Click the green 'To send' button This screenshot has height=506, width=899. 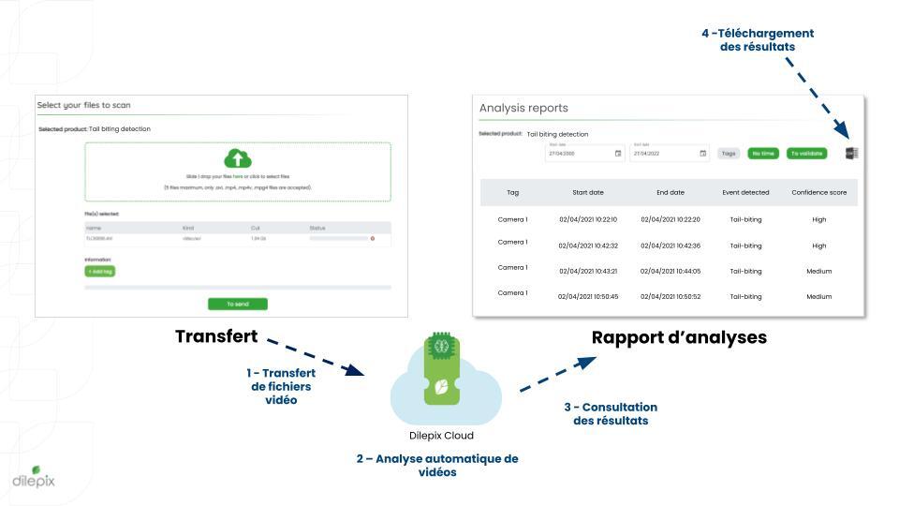pos(238,304)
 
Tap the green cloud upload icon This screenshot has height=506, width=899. pos(238,158)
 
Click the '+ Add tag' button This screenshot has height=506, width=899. pos(99,271)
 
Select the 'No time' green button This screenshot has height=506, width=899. pos(763,154)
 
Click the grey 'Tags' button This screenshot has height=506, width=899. pos(728,154)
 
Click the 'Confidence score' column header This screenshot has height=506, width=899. pos(818,192)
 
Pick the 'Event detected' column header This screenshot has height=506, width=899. pos(745,192)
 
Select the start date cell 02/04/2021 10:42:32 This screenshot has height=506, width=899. pos(588,246)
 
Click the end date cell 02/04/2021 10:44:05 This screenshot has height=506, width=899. pos(671,271)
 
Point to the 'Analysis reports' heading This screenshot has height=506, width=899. pos(523,108)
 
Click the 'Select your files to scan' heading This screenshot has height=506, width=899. pos(90,105)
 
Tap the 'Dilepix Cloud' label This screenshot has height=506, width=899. pos(441,436)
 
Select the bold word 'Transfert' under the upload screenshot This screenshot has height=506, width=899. pos(216,335)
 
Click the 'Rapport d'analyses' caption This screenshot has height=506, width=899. pos(679,337)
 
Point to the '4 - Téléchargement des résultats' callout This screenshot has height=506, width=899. pos(758,39)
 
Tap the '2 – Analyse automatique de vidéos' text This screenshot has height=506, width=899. pos(437,465)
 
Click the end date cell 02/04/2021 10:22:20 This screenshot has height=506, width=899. pos(671,219)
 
